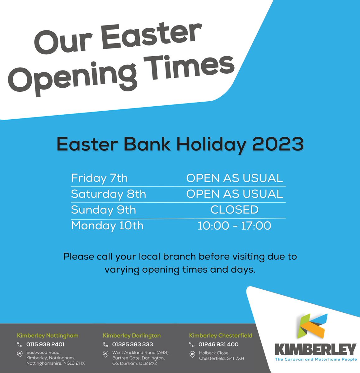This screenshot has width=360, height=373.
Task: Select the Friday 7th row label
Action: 99,178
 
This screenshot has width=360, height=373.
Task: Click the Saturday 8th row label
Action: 108,194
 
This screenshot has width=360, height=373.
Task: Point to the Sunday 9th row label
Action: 103,210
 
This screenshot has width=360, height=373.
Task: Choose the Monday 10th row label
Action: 107,226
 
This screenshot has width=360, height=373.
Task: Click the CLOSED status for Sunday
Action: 234,210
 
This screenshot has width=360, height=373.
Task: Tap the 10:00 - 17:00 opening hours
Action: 234,226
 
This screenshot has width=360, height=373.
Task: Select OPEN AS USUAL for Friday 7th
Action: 234,178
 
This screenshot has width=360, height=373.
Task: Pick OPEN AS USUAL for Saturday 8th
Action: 234,194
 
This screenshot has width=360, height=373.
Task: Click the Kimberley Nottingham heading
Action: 48,336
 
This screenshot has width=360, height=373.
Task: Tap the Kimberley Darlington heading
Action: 132,336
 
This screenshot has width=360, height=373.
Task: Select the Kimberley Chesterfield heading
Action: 221,336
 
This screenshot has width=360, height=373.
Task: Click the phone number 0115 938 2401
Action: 45,344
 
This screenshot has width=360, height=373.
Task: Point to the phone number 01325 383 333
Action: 133,344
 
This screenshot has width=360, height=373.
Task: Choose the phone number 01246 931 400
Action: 218,344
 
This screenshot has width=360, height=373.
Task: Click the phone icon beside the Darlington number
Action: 106,344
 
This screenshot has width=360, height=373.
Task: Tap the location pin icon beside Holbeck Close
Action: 192,354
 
